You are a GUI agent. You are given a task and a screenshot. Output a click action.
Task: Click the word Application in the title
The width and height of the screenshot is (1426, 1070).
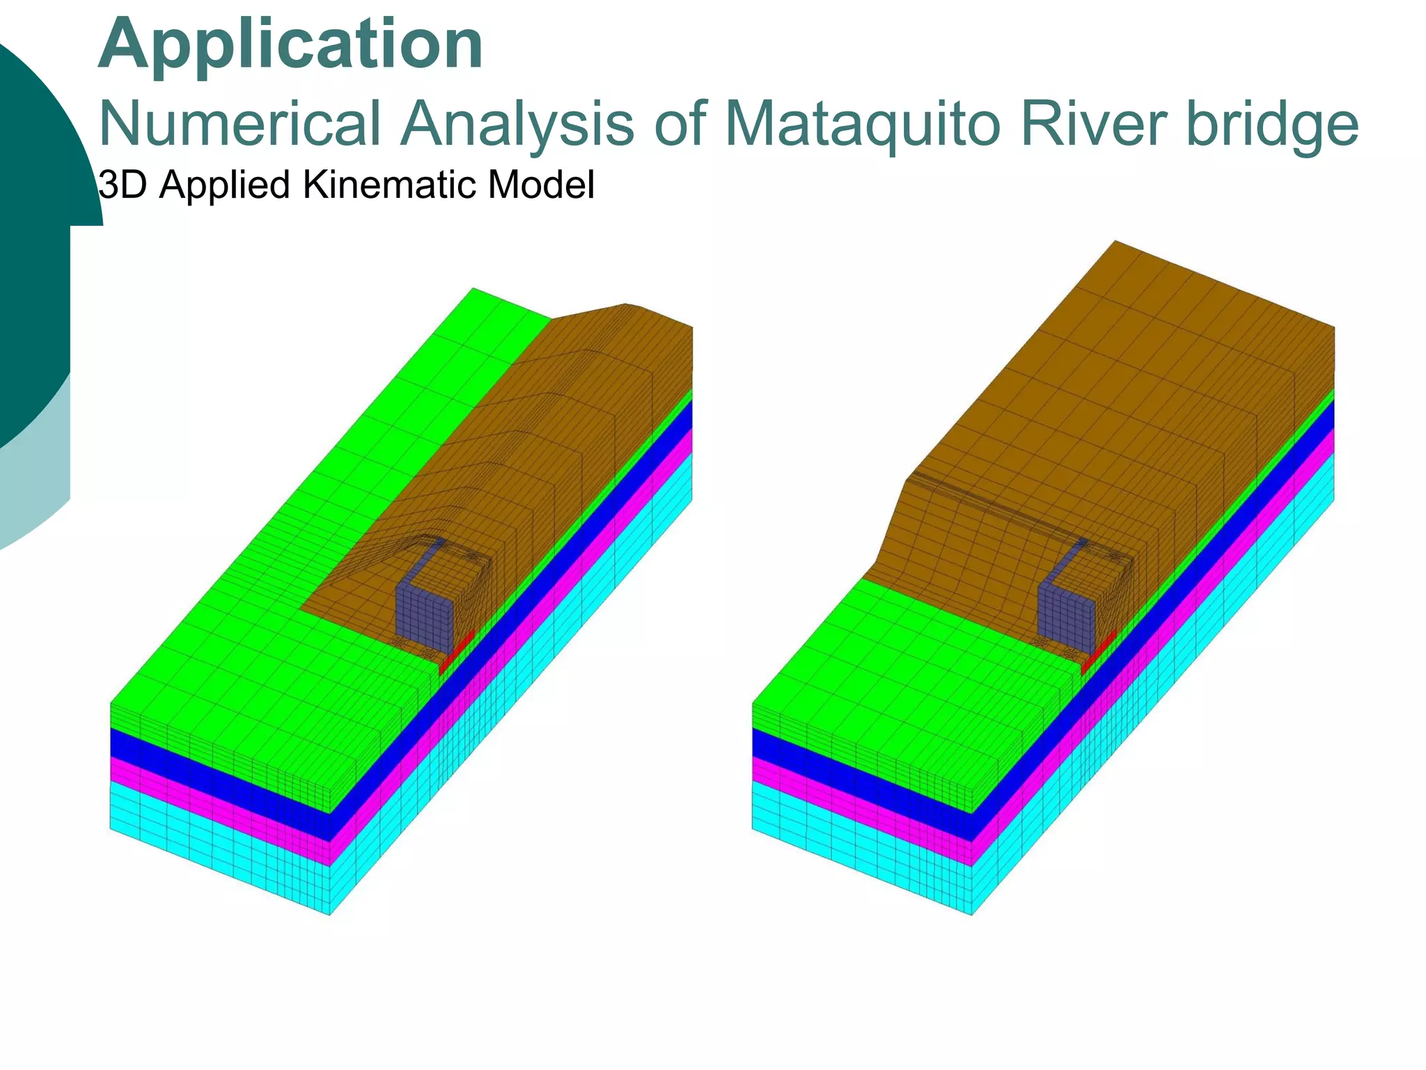(290, 45)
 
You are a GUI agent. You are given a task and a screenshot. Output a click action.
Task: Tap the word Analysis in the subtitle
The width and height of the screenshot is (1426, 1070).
(517, 124)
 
